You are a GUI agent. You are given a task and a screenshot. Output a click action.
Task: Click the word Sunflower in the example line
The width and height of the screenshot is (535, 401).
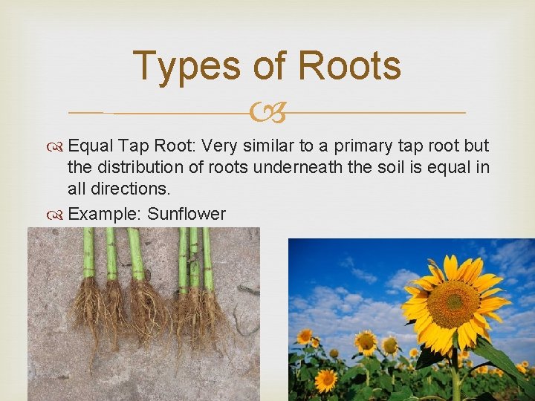click(186, 215)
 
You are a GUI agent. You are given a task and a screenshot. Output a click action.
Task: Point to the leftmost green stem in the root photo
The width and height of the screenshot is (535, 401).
click(88, 252)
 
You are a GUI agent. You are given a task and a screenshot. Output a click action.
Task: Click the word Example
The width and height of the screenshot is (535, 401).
click(104, 215)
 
